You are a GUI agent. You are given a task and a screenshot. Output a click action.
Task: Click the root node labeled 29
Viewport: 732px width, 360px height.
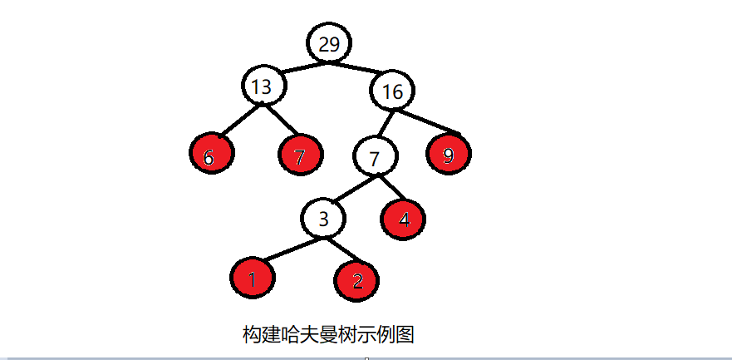pos(329,43)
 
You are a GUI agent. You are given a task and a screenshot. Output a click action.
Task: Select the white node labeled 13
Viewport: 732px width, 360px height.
pos(263,86)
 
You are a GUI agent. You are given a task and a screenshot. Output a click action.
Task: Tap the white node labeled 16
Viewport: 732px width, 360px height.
pos(392,91)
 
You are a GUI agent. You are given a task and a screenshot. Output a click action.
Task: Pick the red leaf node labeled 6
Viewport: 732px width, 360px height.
pos(211,155)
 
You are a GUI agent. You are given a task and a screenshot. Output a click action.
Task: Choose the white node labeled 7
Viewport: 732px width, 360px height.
pos(375,155)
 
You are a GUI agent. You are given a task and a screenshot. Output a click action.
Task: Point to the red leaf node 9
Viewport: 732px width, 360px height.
pos(449,155)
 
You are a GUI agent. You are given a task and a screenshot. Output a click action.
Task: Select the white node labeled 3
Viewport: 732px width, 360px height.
pos(325,219)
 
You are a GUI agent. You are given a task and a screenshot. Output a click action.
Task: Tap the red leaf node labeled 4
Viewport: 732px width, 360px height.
pos(404,218)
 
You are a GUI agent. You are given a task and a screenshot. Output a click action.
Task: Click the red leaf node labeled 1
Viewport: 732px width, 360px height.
pos(252,279)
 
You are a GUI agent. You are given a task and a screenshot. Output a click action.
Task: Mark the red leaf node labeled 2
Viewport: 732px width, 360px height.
pos(357,279)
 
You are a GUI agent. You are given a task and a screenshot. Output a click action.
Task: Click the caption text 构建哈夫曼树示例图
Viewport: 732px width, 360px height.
pos(328,335)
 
